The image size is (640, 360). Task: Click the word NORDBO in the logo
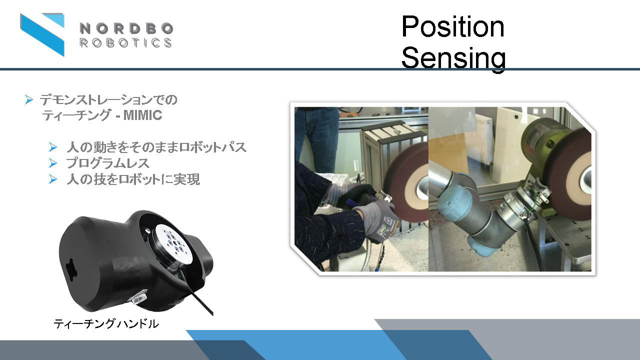126,28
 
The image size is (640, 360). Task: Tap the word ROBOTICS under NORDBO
125,43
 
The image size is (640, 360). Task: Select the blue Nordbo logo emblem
42,34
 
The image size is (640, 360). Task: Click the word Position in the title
453,26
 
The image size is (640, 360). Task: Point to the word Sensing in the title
453,58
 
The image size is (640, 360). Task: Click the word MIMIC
142,115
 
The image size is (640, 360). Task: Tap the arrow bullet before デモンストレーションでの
28,99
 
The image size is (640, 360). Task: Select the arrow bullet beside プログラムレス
52,163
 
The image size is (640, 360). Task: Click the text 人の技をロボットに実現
133,179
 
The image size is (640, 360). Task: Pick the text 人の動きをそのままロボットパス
156,147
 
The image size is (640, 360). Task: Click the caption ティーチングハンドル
106,323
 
